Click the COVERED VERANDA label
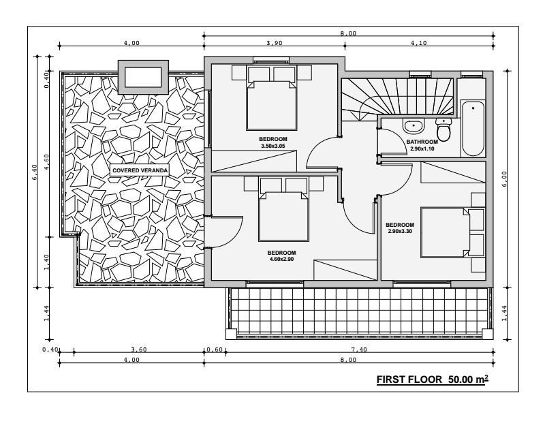click(x=140, y=170)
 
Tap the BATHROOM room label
click(x=422, y=142)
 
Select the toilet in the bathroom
click(x=443, y=129)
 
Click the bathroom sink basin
click(x=414, y=125)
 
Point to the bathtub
click(x=473, y=129)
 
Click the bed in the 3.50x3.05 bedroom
click(x=271, y=98)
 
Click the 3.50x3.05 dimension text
click(x=273, y=146)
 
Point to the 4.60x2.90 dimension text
click(x=281, y=259)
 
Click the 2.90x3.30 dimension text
click(x=400, y=231)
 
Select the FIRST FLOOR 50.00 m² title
click(x=433, y=379)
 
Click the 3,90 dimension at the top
click(x=275, y=43)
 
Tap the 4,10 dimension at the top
click(x=418, y=43)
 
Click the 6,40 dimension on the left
click(x=34, y=172)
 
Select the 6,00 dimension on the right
click(x=504, y=178)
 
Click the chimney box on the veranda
click(x=143, y=77)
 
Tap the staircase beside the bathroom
click(x=397, y=96)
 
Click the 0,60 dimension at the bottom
click(x=215, y=349)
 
